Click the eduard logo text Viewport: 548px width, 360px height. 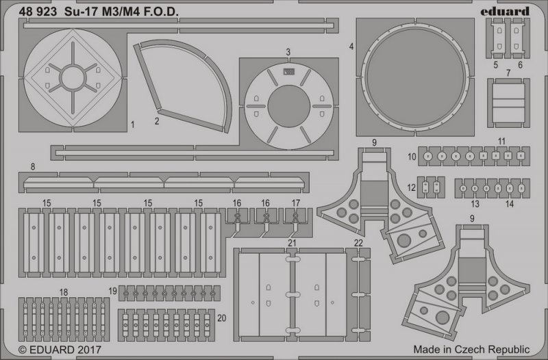point(505,12)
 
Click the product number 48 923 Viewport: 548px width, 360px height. point(38,12)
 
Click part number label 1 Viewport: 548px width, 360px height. point(132,125)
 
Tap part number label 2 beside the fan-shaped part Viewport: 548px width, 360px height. point(157,121)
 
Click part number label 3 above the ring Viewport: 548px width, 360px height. point(288,52)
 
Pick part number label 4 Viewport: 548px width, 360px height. point(351,46)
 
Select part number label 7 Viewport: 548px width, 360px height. point(508,73)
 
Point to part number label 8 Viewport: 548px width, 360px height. point(33,166)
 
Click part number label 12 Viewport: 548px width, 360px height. point(412,188)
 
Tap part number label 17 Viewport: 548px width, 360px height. point(296,203)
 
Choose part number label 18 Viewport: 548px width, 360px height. point(64,292)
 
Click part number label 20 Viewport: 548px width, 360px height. point(221,318)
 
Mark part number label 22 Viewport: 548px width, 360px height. point(358,243)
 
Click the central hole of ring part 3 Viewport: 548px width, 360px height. point(289,106)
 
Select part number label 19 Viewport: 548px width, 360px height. point(112,291)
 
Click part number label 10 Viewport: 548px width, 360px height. point(412,157)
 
